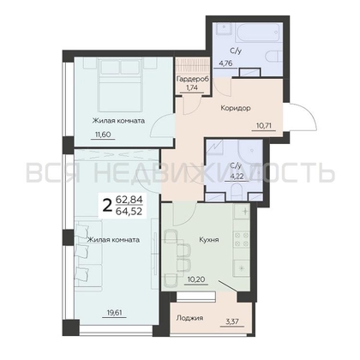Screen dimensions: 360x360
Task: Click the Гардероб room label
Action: tap(192, 79)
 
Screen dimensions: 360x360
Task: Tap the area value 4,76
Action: tap(225, 63)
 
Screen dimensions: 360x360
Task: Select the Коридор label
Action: tap(236, 108)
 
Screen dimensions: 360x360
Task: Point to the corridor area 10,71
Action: tap(263, 125)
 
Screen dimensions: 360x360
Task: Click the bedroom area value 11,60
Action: tap(103, 134)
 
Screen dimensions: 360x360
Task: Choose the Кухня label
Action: tap(209, 239)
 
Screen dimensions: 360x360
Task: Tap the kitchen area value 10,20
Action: tap(195, 279)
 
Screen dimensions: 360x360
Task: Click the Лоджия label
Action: tap(189, 318)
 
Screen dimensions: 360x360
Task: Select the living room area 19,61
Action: tap(114, 313)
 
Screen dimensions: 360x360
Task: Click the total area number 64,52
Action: tap(129, 212)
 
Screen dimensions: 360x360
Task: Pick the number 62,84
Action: tap(129, 200)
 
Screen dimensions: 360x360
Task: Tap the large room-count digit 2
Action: tap(107, 206)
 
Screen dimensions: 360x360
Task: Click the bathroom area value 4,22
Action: tap(237, 177)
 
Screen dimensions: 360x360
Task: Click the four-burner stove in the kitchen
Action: tap(242, 239)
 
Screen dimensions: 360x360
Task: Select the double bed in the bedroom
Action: tap(120, 85)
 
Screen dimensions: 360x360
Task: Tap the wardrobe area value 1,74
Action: tap(192, 87)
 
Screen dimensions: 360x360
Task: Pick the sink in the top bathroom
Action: tap(225, 29)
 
